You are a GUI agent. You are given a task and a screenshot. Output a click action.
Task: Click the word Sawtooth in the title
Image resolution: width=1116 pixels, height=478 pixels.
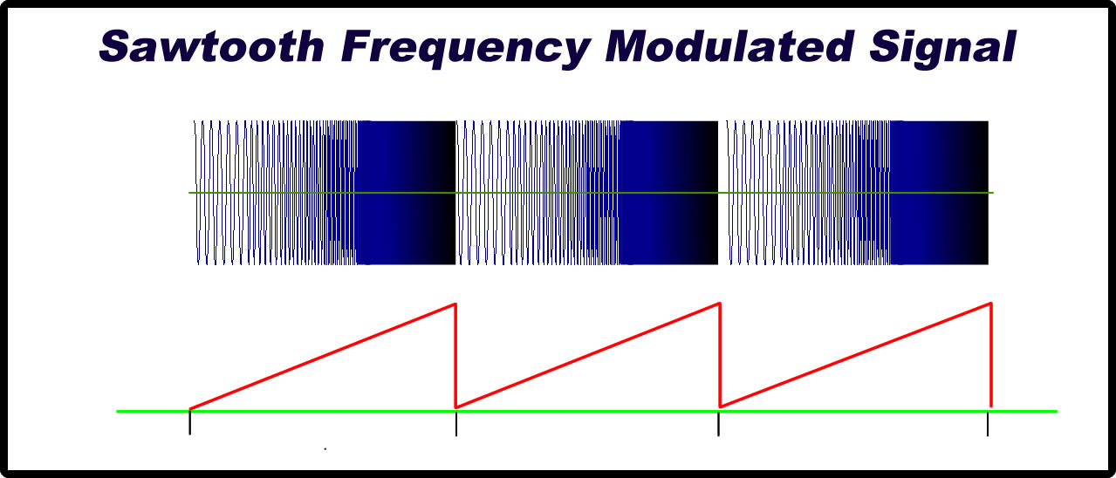pyautogui.click(x=212, y=46)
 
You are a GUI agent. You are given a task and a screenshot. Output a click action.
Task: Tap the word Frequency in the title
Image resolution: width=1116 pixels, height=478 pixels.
pyautogui.click(x=466, y=49)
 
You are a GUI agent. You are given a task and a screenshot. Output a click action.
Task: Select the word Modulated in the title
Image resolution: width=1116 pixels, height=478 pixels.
pyautogui.click(x=729, y=46)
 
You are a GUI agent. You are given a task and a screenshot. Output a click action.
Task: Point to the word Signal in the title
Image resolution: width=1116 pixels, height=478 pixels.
pyautogui.click(x=942, y=49)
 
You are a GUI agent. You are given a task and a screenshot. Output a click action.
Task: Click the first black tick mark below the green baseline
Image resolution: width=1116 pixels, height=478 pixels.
pyautogui.click(x=190, y=422)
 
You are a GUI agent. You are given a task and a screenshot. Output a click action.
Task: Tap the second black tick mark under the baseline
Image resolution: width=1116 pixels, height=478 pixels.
pyautogui.click(x=456, y=423)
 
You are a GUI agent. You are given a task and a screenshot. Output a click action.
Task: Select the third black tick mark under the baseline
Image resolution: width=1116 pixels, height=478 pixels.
pyautogui.click(x=718, y=423)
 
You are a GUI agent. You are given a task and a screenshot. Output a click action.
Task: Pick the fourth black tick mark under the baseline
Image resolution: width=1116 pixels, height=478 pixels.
pyautogui.click(x=988, y=424)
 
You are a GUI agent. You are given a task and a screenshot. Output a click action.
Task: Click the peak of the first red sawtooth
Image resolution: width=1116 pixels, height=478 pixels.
pyautogui.click(x=455, y=304)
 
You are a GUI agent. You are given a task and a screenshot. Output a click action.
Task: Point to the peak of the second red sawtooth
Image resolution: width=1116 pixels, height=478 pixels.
pyautogui.click(x=719, y=303)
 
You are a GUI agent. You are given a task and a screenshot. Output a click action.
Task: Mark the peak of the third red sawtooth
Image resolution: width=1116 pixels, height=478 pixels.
pyautogui.click(x=990, y=303)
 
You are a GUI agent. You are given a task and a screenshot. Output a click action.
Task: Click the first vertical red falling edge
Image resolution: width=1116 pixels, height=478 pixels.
pyautogui.click(x=455, y=356)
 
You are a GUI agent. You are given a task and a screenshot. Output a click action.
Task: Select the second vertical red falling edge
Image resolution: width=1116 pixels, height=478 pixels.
pyautogui.click(x=720, y=355)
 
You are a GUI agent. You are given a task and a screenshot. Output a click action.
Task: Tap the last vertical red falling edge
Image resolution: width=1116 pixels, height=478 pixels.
pyautogui.click(x=991, y=355)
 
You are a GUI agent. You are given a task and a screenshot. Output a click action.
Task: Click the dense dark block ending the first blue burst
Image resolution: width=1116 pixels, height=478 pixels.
pyautogui.click(x=406, y=192)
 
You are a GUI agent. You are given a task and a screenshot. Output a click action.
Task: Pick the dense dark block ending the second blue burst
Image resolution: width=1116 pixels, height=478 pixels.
pyautogui.click(x=668, y=192)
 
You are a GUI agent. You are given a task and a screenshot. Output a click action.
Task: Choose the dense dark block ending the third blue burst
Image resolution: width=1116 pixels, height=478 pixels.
pyautogui.click(x=939, y=192)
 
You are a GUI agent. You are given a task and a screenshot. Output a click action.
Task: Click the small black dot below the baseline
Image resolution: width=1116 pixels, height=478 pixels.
pyautogui.click(x=325, y=449)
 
